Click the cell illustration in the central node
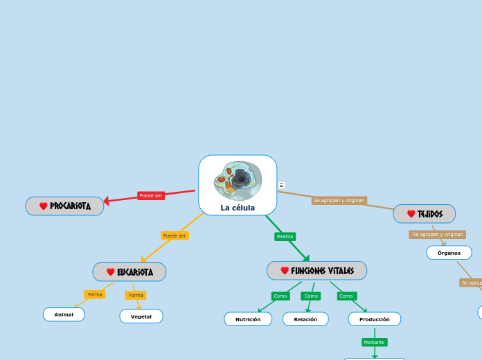point(238,180)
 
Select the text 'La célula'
point(238,208)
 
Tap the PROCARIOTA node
point(65,206)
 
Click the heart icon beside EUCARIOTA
point(111,272)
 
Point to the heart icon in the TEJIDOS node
point(411,214)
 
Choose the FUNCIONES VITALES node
point(317,271)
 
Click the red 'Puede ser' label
point(151,196)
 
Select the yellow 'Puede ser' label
point(175,235)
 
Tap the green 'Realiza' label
point(285,237)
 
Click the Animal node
point(64,314)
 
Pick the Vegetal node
point(141,316)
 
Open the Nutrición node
point(248,319)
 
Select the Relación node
point(305,319)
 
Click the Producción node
point(375,319)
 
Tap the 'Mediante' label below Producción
point(374,342)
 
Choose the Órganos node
point(449,253)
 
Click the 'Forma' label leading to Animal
point(95,295)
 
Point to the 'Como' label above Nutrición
point(280,296)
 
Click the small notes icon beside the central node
point(281,185)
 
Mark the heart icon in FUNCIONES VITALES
point(285,271)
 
